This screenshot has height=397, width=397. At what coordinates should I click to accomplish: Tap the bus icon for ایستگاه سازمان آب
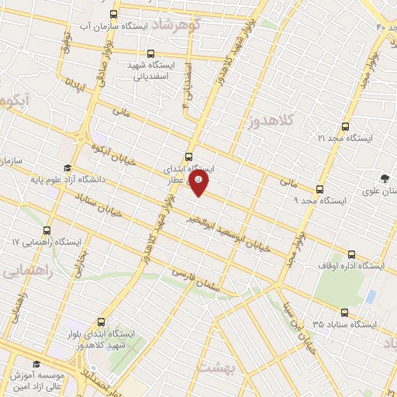[x=115, y=14]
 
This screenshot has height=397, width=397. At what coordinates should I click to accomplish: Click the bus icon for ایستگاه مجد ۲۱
[x=345, y=126]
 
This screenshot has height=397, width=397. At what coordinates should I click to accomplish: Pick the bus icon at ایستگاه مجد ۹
[x=319, y=189]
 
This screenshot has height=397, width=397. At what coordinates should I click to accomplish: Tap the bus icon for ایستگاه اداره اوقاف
[x=353, y=254]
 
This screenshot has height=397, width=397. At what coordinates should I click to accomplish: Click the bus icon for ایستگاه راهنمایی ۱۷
[x=47, y=230]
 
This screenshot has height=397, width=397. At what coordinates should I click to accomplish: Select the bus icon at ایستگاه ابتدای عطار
[x=190, y=156]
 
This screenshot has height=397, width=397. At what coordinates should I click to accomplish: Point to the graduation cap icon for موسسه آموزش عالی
[x=36, y=363]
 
